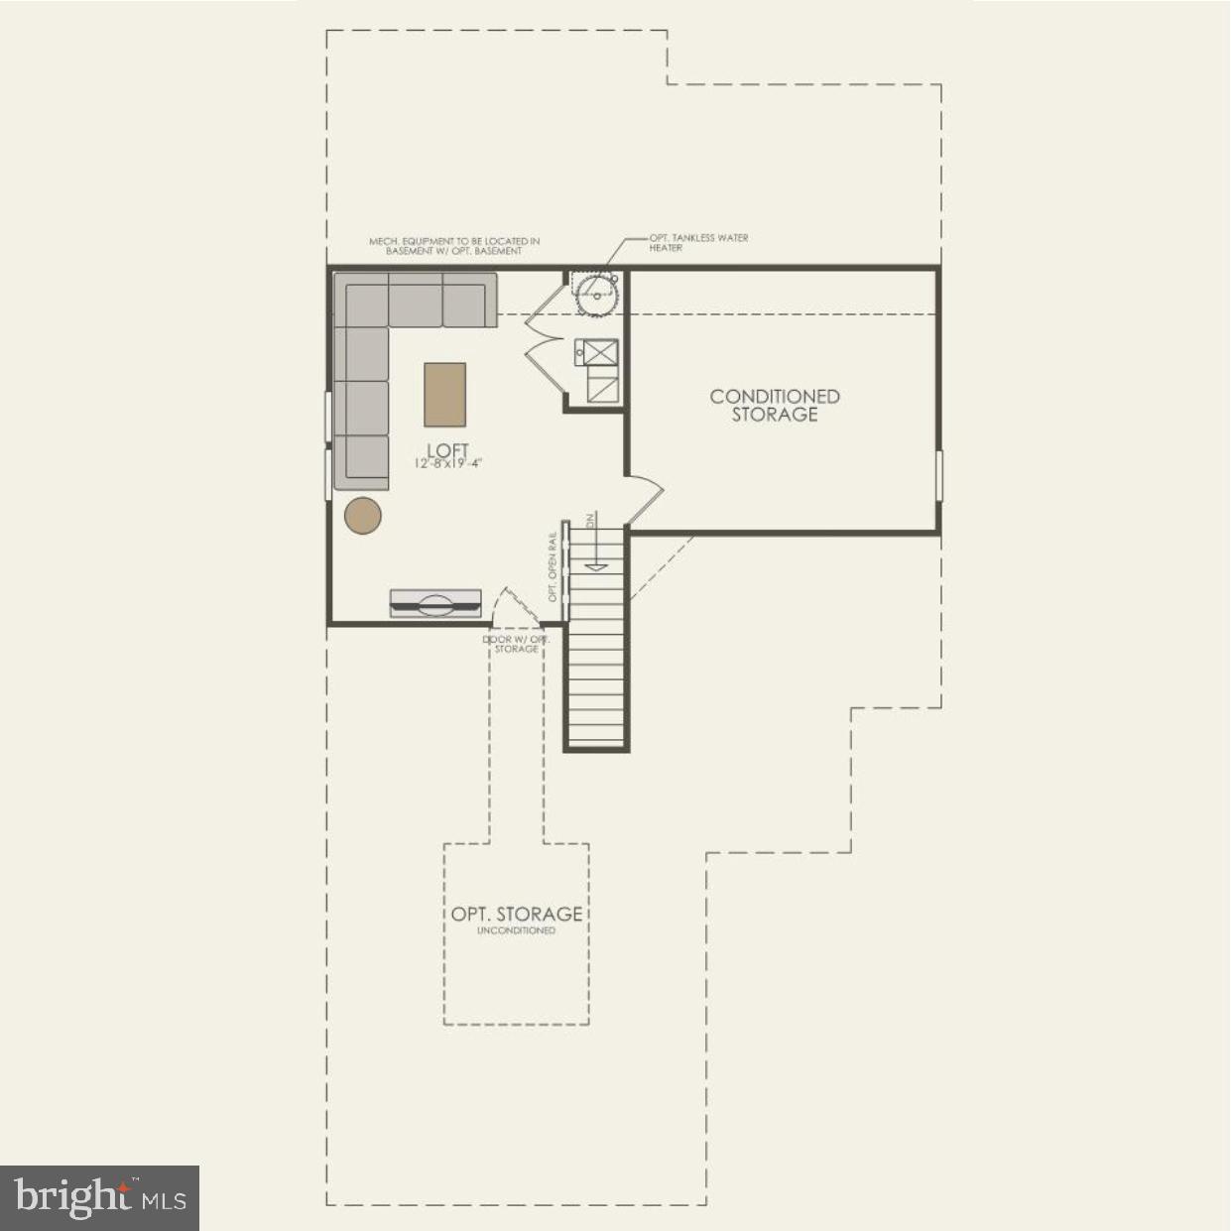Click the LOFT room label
[447, 450]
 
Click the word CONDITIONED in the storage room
[775, 397]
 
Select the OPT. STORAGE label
[517, 914]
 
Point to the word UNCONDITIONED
[517, 931]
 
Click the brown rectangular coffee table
[444, 394]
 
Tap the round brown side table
[363, 516]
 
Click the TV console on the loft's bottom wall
[435, 603]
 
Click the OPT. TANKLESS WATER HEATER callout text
[697, 242]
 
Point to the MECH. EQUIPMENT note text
[454, 246]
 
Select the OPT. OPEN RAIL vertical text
[554, 567]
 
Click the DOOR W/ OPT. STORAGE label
[516, 644]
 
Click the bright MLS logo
[99, 1198]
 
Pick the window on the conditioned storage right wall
[938, 476]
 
